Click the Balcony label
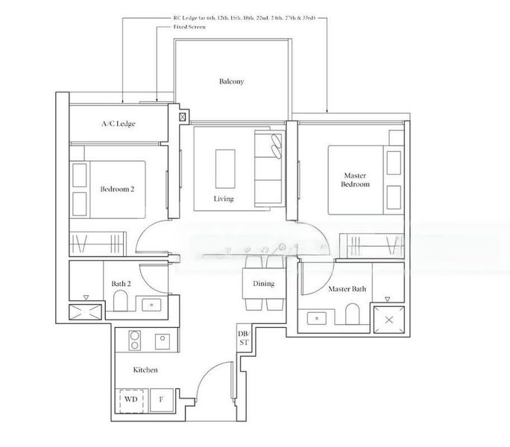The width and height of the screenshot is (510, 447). (231, 81)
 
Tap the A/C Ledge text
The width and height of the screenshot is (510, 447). (119, 124)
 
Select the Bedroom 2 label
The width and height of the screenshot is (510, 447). (117, 189)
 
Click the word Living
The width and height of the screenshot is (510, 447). (224, 200)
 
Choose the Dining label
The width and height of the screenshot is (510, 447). (263, 284)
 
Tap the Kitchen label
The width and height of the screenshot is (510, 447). (145, 370)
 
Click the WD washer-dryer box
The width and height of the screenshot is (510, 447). (131, 399)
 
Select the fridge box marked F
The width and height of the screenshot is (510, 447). (161, 399)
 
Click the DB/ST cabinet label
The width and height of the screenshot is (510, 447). (243, 337)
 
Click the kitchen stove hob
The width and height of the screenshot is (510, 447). (135, 340)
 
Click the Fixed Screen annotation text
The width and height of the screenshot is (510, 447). (179, 27)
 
